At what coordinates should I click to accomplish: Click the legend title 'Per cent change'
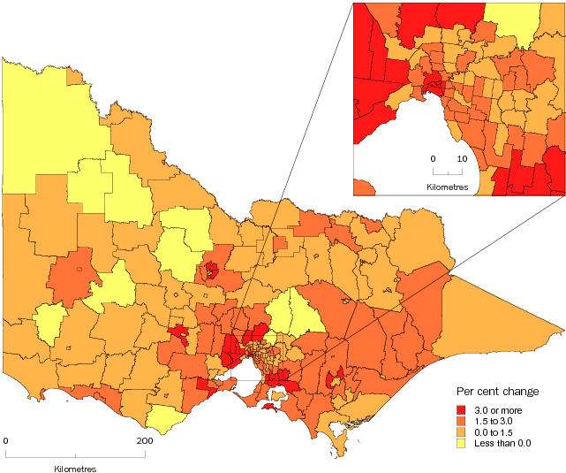coord(497,392)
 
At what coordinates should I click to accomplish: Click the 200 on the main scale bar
coord(145,440)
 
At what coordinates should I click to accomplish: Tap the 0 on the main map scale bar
coord(6,440)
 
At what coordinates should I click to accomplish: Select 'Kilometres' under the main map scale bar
coord(76,467)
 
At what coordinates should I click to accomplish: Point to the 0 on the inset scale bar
coord(433,158)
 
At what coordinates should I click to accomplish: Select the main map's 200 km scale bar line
coord(76,455)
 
